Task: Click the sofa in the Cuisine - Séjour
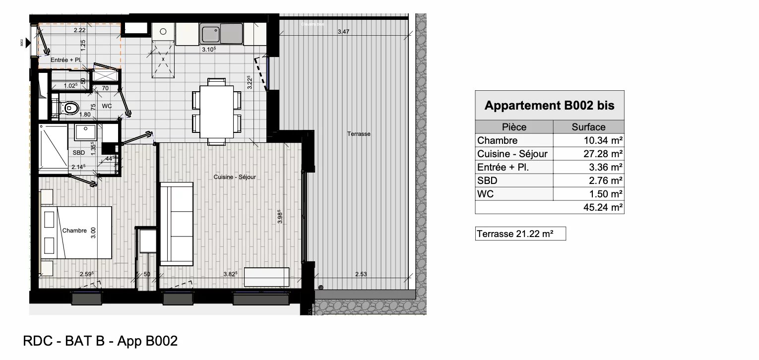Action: coord(176,224)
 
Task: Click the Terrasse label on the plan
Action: coord(359,134)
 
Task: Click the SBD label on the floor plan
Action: coord(79,153)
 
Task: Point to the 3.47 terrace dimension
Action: coord(343,32)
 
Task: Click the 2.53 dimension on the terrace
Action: coord(361,274)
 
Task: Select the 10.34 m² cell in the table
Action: coord(588,140)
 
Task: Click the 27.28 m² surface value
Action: coord(588,154)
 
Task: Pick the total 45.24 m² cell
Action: coord(588,207)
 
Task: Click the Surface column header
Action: coord(588,127)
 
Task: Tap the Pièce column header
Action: coord(514,127)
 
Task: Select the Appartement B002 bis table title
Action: coord(549,106)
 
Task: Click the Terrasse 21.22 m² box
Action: coord(520,234)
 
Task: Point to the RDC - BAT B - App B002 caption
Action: coord(100,342)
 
